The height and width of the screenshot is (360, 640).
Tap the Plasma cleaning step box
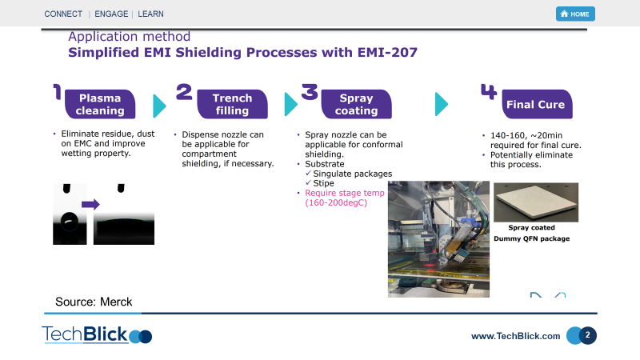click(x=102, y=105)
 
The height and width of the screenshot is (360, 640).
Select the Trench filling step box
click(x=232, y=105)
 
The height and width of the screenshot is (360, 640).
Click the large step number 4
click(x=488, y=91)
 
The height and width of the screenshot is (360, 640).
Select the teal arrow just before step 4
click(x=441, y=105)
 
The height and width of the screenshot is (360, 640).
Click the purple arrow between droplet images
click(x=90, y=204)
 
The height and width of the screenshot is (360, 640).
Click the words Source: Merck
click(x=94, y=302)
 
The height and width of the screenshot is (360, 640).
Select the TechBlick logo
click(x=96, y=334)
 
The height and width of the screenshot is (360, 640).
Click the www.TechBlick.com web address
click(x=515, y=336)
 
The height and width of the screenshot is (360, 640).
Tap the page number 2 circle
click(x=587, y=335)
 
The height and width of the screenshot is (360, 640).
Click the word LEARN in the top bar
click(x=152, y=14)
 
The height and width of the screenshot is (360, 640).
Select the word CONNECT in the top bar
click(x=63, y=14)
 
